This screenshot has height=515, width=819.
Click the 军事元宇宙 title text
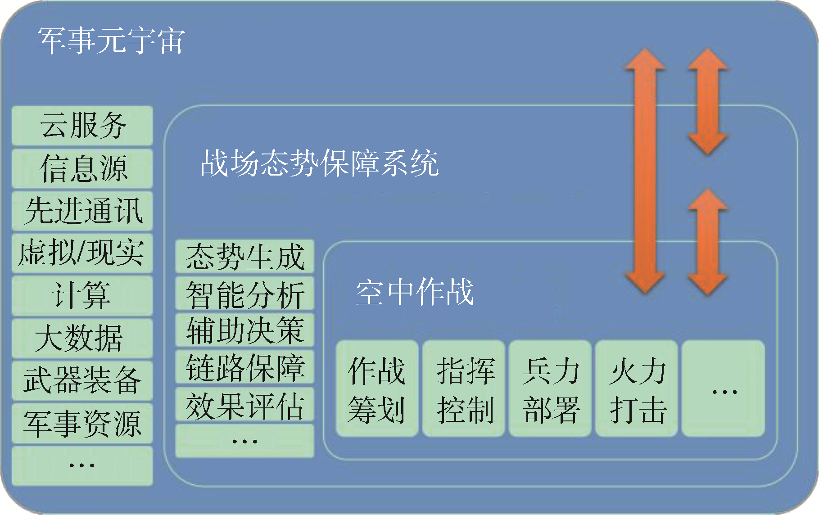(x=111, y=41)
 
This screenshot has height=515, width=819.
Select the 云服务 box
(x=82, y=126)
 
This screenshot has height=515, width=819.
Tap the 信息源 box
(x=82, y=168)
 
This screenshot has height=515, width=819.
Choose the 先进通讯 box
(x=82, y=211)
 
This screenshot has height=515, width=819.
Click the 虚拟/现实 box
(x=82, y=253)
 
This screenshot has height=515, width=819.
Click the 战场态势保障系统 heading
(x=319, y=163)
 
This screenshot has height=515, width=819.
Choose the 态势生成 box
(x=244, y=257)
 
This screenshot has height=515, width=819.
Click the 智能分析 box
(x=244, y=294)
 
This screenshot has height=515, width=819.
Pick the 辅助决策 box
(x=244, y=330)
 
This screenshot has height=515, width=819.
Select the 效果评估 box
(x=244, y=404)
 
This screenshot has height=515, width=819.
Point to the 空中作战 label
(x=415, y=292)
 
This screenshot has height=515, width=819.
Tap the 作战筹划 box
(x=377, y=389)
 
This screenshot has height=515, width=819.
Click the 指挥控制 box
(x=464, y=389)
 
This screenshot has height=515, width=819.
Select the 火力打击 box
(x=637, y=389)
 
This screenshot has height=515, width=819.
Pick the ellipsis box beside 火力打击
(x=723, y=389)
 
